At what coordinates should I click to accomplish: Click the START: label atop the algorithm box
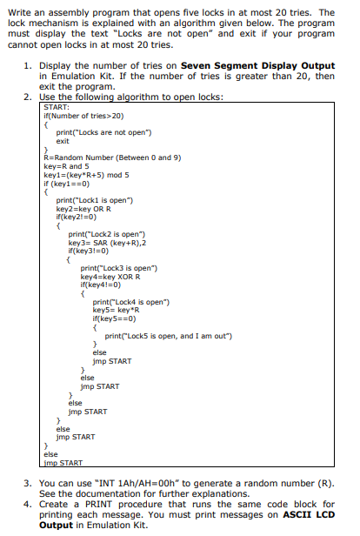click(x=54, y=107)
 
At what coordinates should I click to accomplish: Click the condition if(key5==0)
click(x=110, y=316)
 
